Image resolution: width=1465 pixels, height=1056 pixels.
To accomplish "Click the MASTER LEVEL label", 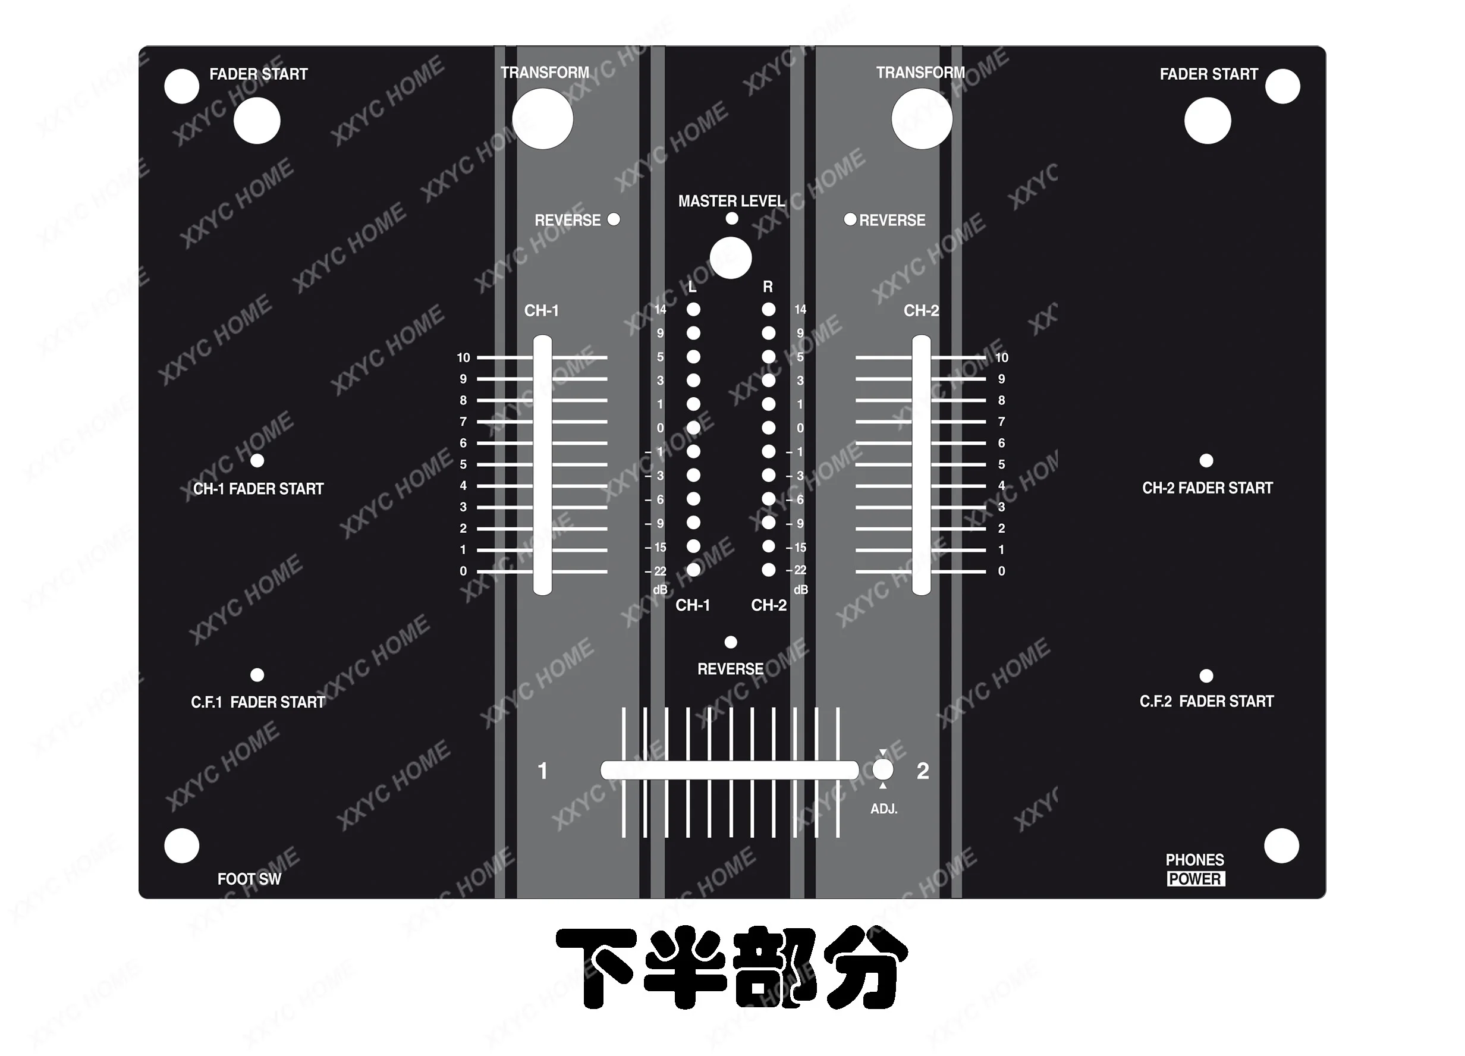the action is pos(731,202).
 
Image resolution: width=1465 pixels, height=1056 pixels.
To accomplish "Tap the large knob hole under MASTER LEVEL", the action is pos(731,258).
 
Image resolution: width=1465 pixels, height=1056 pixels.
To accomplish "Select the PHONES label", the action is pos(1194,860).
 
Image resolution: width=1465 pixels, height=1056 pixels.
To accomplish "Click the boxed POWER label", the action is pos(1195,879).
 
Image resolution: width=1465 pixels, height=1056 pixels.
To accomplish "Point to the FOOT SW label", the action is pos(249,879).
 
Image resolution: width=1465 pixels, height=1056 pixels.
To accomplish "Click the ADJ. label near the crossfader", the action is pos(884,809).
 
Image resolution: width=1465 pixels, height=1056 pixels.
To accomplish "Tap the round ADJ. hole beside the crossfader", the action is pos(883,770).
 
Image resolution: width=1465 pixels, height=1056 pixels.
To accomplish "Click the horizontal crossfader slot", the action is pos(730,771).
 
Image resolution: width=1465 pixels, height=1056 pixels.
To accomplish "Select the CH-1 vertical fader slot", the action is pos(542,465).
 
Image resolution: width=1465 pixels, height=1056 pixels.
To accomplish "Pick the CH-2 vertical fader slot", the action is pos(921,465).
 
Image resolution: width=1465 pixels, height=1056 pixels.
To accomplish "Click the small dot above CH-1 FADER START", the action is pos(257,460).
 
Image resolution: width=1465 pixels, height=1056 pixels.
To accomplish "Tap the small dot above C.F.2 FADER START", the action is pos(1206,675).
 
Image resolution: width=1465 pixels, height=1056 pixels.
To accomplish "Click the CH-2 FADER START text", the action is pos(1208,488).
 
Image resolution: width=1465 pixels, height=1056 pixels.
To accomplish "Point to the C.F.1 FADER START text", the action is pos(257,702).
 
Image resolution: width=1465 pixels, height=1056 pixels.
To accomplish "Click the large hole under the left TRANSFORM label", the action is pos(543,119).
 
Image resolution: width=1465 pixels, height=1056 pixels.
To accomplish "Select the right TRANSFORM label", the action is pos(920,73).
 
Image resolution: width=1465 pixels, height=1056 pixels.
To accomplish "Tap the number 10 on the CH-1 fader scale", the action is pos(463,358).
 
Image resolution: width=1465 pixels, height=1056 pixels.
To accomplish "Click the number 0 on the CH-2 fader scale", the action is pos(1001,571).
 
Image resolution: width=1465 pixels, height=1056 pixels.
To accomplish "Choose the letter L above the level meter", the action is pos(693,287).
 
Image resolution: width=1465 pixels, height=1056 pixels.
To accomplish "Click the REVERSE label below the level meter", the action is pos(730,669).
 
